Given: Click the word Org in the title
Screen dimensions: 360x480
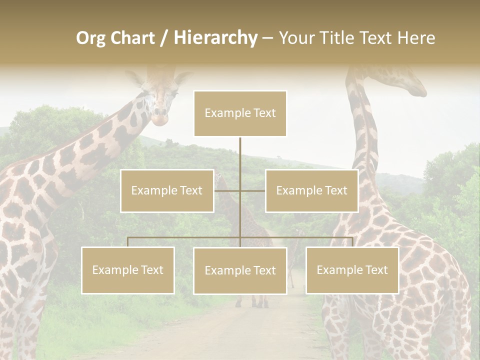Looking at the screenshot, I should (x=90, y=38).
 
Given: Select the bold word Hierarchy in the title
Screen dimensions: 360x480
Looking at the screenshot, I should (x=215, y=38).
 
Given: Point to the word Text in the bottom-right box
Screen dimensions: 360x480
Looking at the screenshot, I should (x=376, y=270).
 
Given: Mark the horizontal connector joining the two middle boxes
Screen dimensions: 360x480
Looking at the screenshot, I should (x=240, y=190).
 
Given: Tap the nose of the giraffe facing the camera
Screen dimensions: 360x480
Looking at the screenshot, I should (x=159, y=118).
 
